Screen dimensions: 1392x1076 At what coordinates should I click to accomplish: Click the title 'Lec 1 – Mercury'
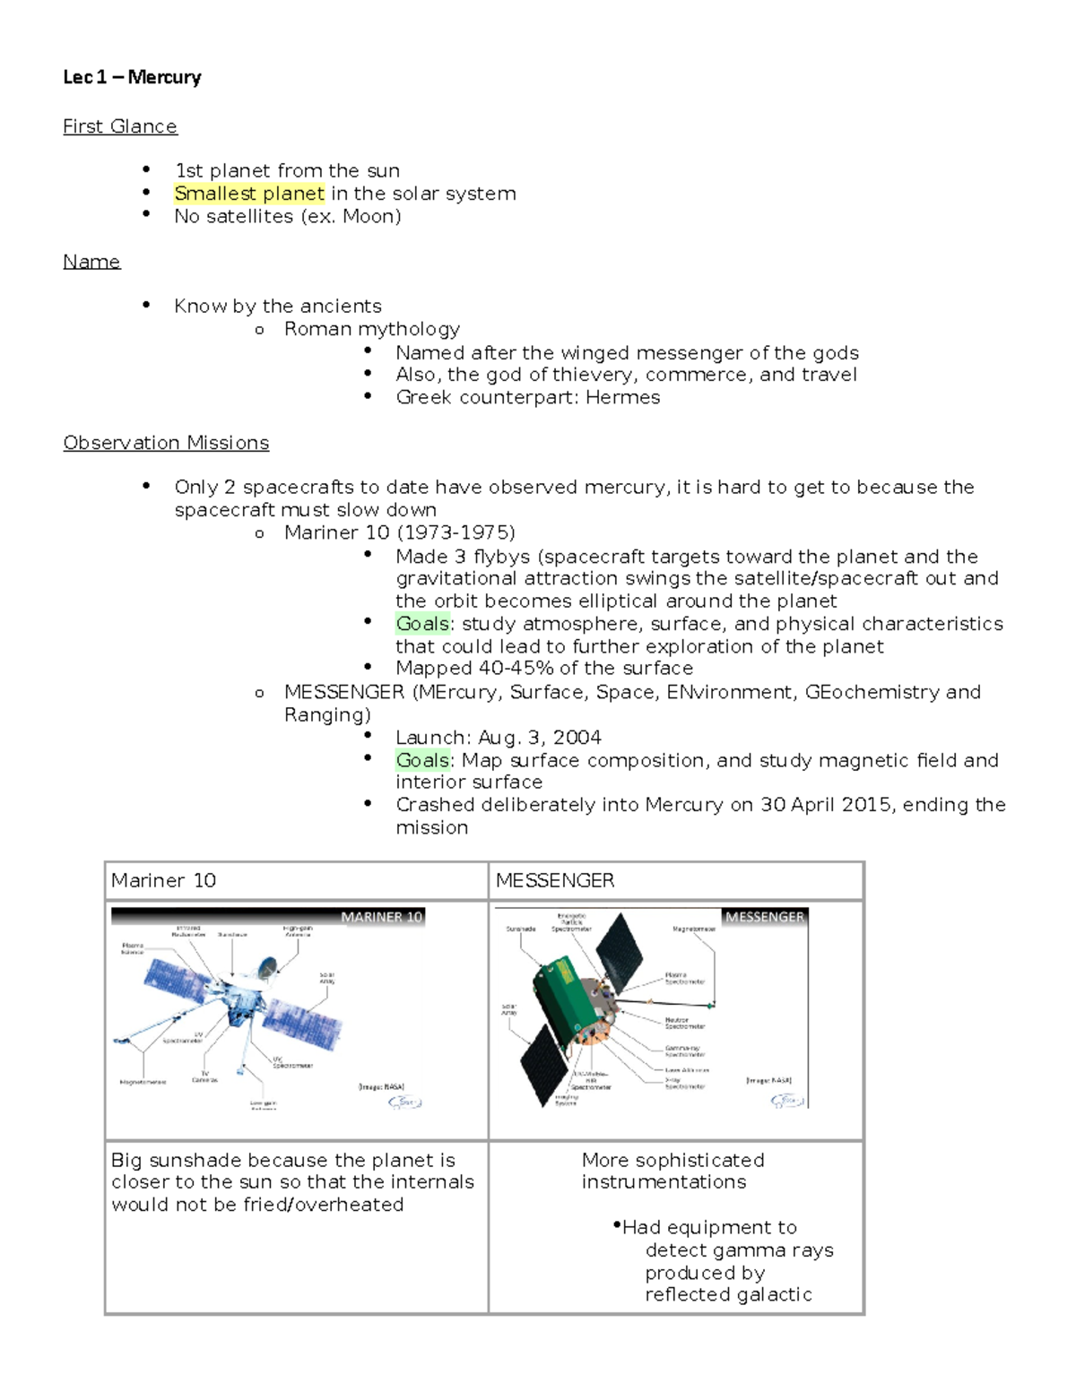click(x=132, y=77)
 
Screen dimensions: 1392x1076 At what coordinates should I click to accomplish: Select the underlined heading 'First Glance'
click(x=120, y=126)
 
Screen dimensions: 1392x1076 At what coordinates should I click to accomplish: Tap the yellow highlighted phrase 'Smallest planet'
click(x=249, y=194)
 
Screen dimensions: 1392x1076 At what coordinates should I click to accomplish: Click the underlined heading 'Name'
click(x=91, y=262)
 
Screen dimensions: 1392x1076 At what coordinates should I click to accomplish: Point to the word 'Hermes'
click(x=622, y=397)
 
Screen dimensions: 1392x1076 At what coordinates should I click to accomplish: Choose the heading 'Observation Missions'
click(x=166, y=443)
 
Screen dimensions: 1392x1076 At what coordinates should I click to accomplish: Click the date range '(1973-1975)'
click(x=456, y=532)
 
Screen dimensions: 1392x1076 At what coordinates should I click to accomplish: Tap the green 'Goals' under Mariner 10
click(x=422, y=624)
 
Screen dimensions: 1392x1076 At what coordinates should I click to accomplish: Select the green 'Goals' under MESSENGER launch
click(x=422, y=760)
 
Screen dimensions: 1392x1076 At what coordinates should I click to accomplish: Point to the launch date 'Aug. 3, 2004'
click(x=539, y=738)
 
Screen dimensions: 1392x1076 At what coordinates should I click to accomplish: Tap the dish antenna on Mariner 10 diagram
click(x=267, y=967)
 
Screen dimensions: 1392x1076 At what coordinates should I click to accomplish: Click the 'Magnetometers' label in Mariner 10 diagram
click(x=143, y=1082)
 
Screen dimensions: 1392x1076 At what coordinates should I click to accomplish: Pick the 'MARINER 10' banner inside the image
click(x=381, y=917)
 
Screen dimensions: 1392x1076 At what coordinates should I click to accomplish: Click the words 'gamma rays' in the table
click(x=785, y=1250)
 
